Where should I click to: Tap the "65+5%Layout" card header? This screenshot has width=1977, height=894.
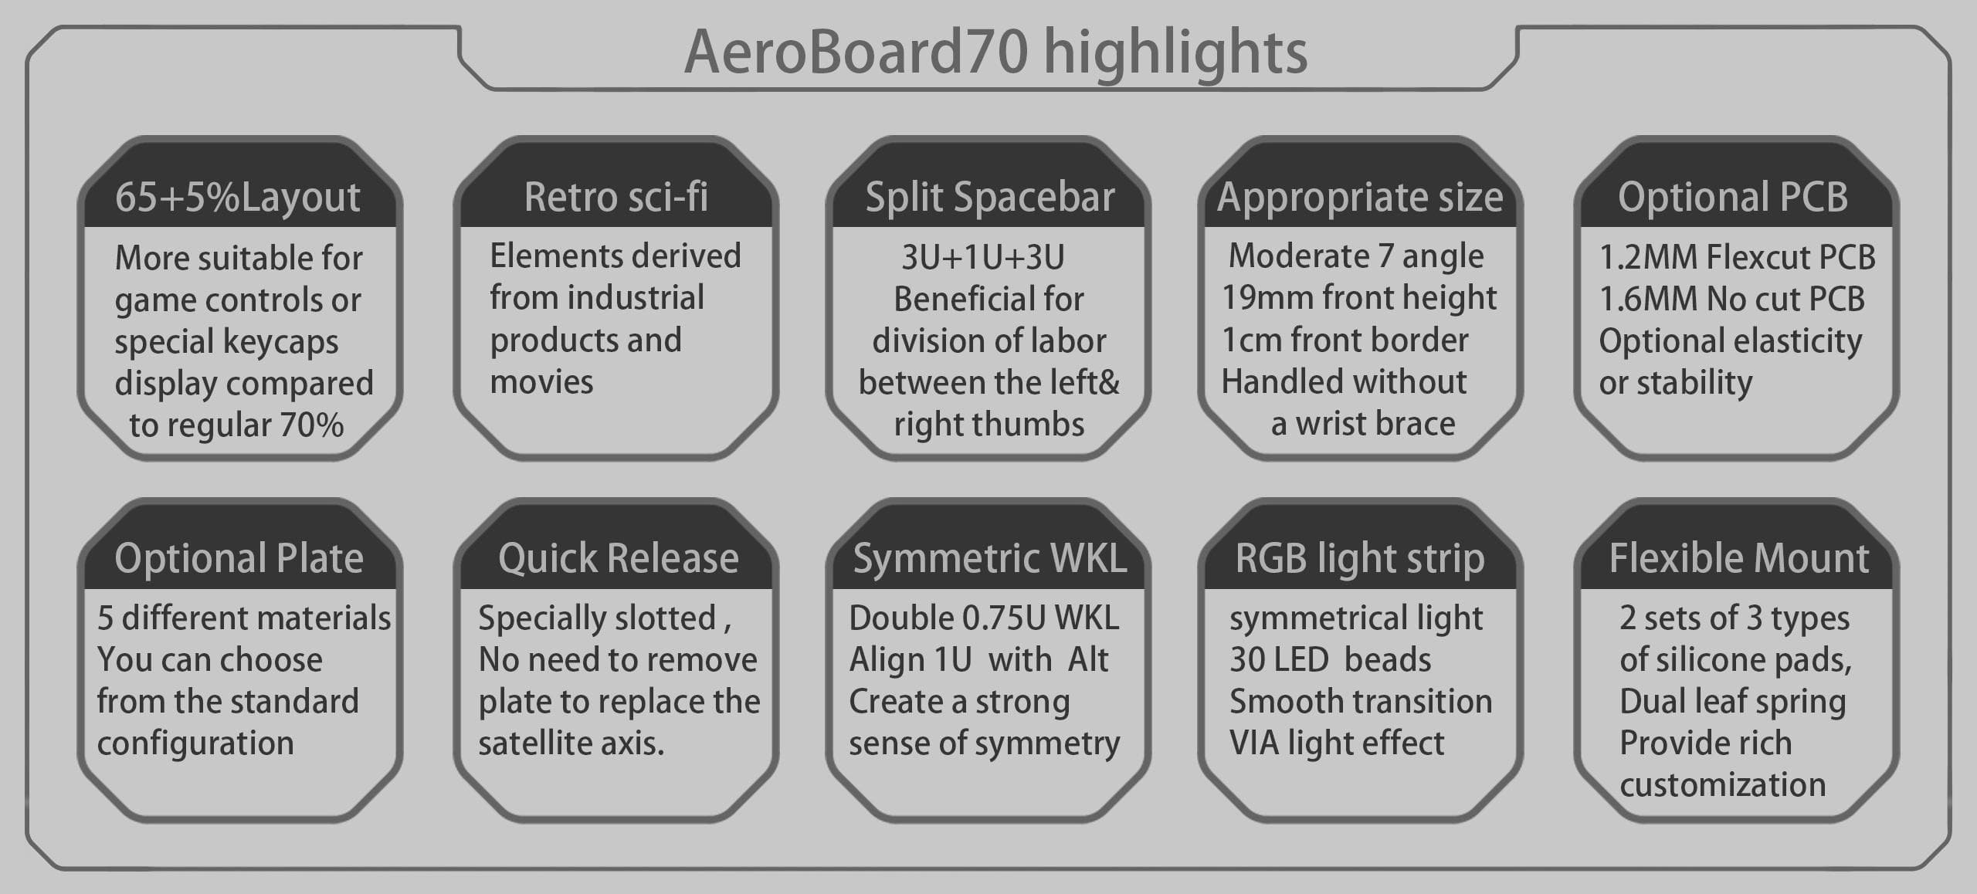pos(238,197)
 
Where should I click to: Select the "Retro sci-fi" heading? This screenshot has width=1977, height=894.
pos(615,197)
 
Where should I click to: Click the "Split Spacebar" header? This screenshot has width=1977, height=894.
pos(989,197)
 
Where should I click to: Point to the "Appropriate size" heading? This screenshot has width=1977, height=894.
pos(1360,197)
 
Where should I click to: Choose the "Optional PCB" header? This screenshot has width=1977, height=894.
pos(1732,197)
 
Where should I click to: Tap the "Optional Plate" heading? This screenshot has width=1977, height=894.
pos(239,558)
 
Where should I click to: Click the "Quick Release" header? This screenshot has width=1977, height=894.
pos(618,558)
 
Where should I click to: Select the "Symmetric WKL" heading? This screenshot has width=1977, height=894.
pos(989,558)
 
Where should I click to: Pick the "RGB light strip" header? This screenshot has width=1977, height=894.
pos(1359,558)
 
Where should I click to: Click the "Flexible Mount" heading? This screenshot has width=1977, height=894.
pos(1738,558)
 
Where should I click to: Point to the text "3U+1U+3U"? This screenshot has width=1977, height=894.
pos(983,258)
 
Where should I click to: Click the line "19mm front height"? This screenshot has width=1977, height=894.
pos(1358,298)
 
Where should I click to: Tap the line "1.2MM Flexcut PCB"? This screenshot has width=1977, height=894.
pos(1737,258)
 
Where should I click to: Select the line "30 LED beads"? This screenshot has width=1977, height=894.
pos(1330,660)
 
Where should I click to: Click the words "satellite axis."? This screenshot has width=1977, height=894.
pos(571,743)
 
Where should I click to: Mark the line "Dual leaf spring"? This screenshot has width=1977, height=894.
pos(1732,702)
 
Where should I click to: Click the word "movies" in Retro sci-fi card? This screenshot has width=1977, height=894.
pos(541,382)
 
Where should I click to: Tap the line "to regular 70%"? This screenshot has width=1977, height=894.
pos(236,425)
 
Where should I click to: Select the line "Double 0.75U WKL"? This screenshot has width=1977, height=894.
pos(983,618)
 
